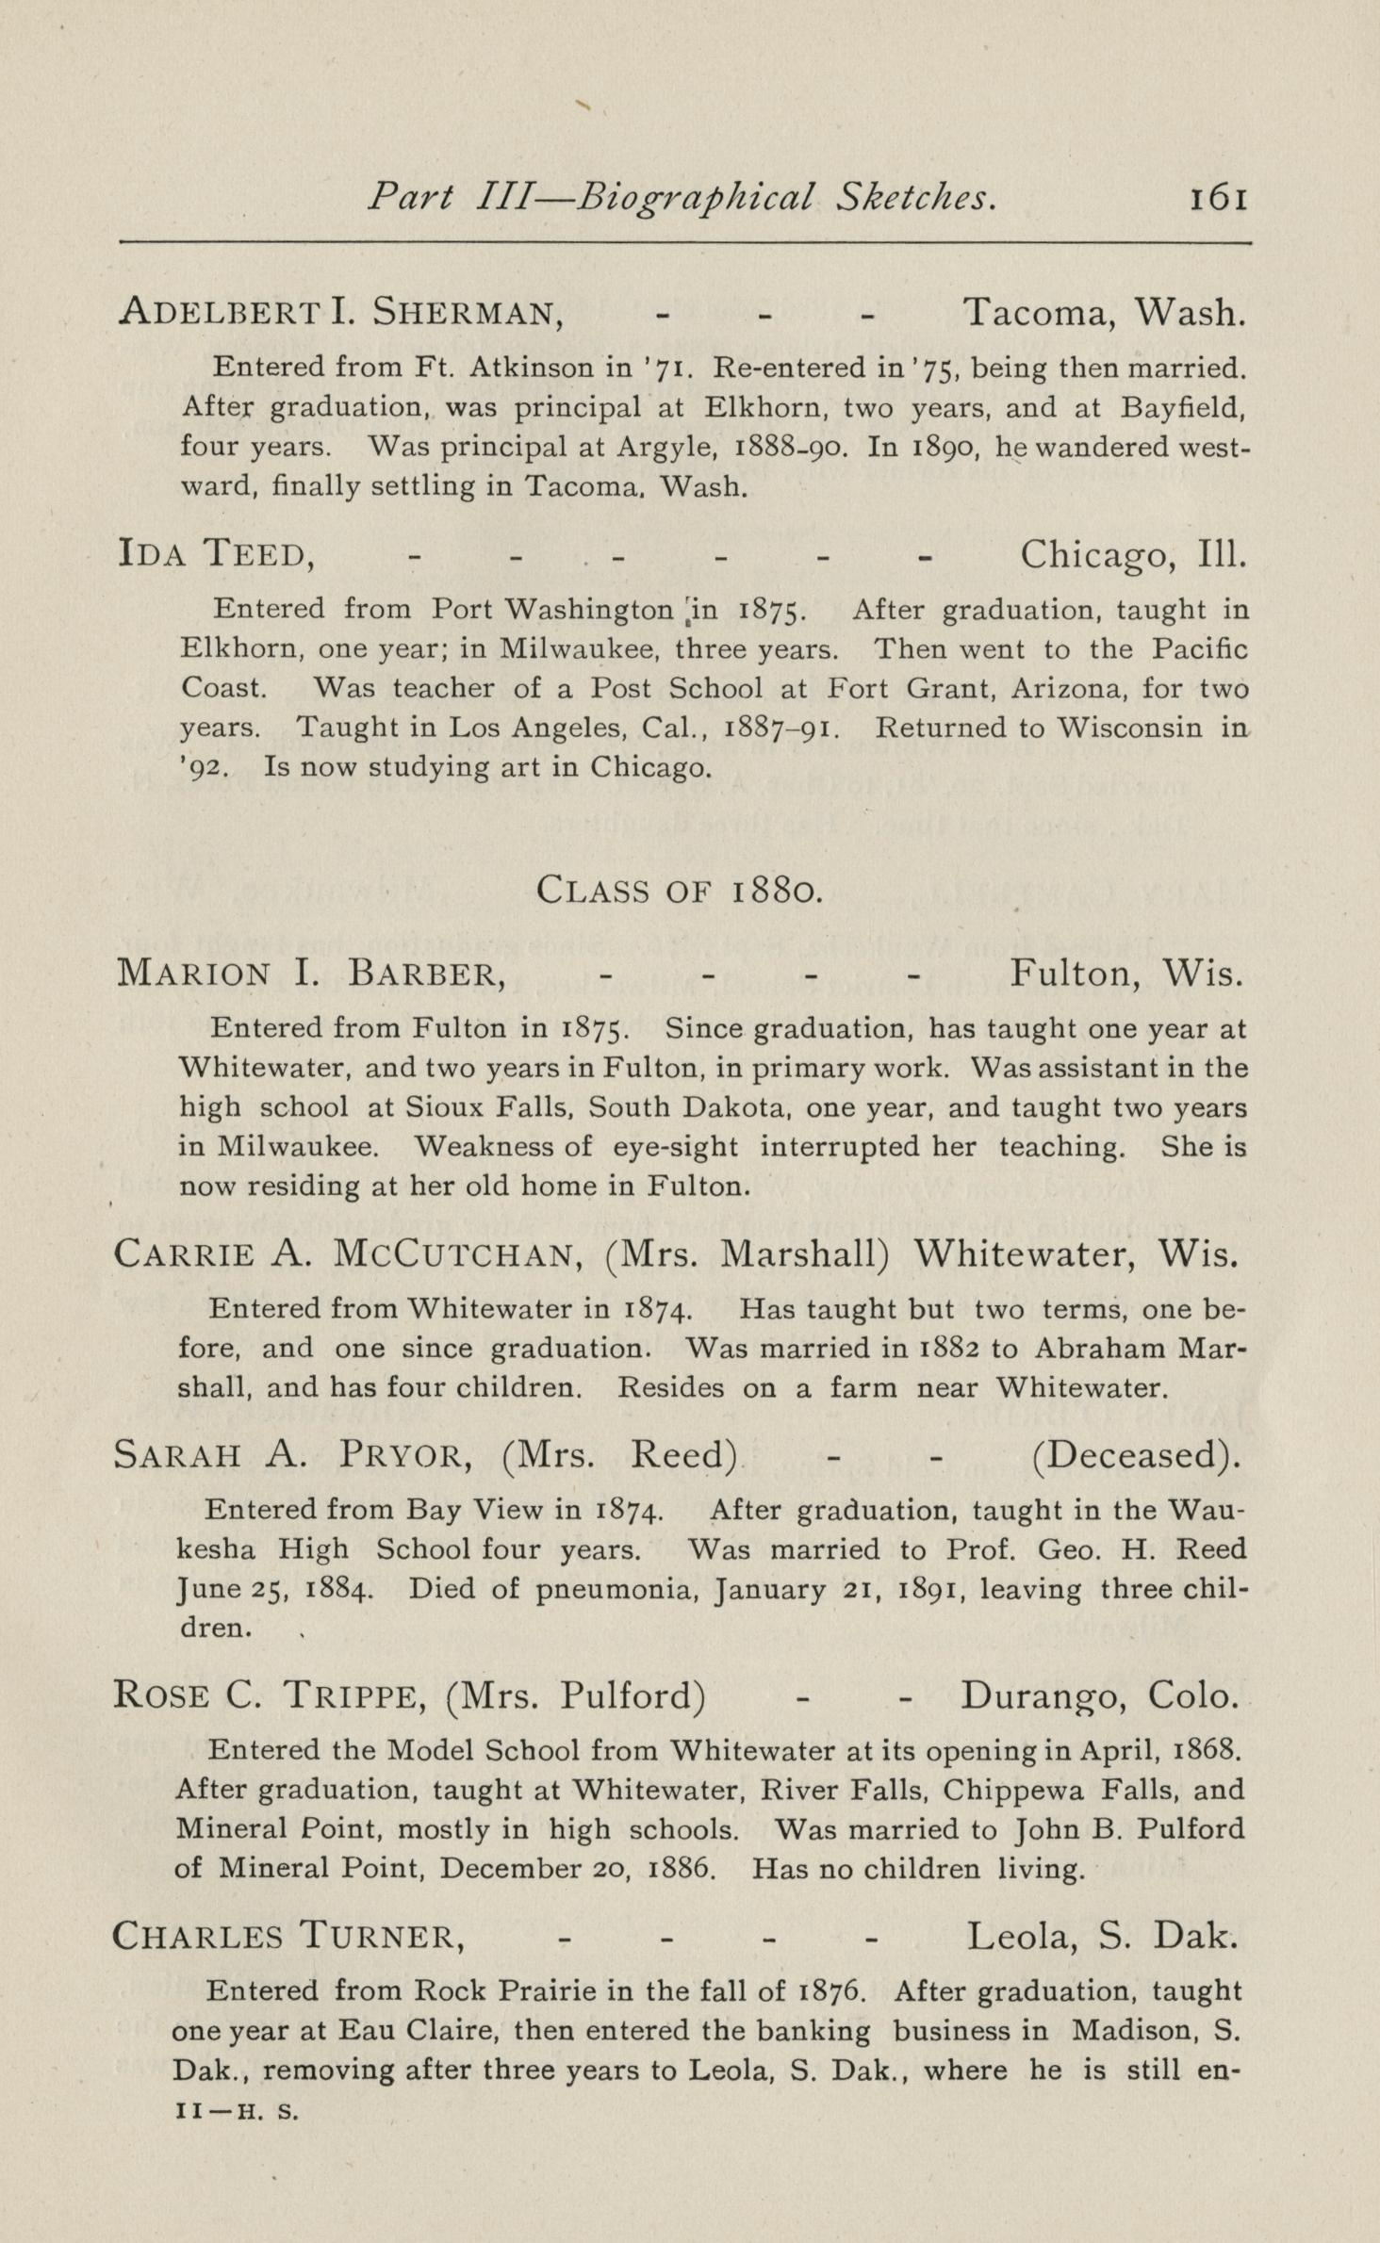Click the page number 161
pyautogui.click(x=1219, y=199)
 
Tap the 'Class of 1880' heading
pyautogui.click(x=679, y=891)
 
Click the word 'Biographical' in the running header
pyautogui.click(x=696, y=197)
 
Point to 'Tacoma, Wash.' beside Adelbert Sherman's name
pyautogui.click(x=1104, y=311)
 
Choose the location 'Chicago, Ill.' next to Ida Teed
pyautogui.click(x=1133, y=554)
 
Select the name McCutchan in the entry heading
pyautogui.click(x=468, y=1254)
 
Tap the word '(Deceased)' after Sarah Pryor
pyautogui.click(x=1136, y=1455)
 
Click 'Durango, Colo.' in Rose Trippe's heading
pyautogui.click(x=1099, y=1696)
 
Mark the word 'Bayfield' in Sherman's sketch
pyautogui.click(x=1184, y=408)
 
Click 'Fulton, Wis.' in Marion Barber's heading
pyautogui.click(x=1126, y=974)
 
